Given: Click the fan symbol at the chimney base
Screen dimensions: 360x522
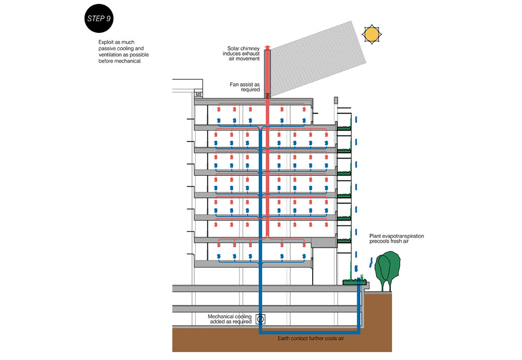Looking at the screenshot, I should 268,95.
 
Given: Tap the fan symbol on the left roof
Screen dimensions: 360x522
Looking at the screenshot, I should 198,94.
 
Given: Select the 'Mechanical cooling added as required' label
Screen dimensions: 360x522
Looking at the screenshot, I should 230,319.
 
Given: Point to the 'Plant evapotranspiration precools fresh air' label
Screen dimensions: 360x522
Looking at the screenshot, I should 397,239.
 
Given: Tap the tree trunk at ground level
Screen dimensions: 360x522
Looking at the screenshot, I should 387,286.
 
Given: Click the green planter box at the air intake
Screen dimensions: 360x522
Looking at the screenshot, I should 354,282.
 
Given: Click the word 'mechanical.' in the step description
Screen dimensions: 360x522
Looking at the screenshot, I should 128,61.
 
